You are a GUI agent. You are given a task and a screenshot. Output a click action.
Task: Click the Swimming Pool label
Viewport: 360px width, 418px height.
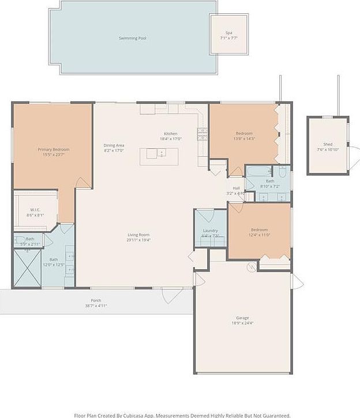132,38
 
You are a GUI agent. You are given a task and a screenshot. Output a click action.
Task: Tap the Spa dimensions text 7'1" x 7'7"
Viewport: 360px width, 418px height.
229,38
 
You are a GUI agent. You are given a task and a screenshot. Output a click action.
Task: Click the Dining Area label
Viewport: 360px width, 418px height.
114,145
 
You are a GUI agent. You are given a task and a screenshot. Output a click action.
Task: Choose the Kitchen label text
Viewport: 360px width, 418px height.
170,134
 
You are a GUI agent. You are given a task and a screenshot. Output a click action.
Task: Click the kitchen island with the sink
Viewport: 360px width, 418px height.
159,156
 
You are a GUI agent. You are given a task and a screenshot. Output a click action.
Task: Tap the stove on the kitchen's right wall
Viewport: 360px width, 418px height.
202,134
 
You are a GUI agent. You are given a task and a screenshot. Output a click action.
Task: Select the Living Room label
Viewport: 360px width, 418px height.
139,234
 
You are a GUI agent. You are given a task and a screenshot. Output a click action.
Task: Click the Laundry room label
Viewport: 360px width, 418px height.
210,231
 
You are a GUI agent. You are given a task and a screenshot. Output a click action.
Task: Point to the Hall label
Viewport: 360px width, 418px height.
236,188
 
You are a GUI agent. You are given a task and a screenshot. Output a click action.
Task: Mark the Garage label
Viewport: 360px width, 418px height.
242,318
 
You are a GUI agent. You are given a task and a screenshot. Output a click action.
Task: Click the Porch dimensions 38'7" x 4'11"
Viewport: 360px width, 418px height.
96,306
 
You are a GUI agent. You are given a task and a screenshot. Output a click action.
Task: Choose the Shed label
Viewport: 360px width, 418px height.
328,144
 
